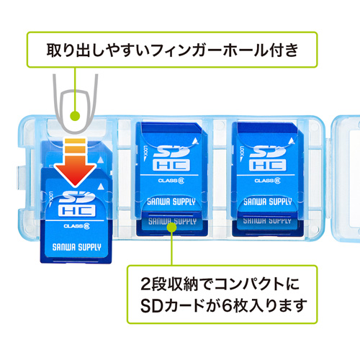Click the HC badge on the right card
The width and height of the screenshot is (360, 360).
[x=266, y=165]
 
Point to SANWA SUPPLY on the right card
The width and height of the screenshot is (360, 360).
[x=266, y=202]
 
